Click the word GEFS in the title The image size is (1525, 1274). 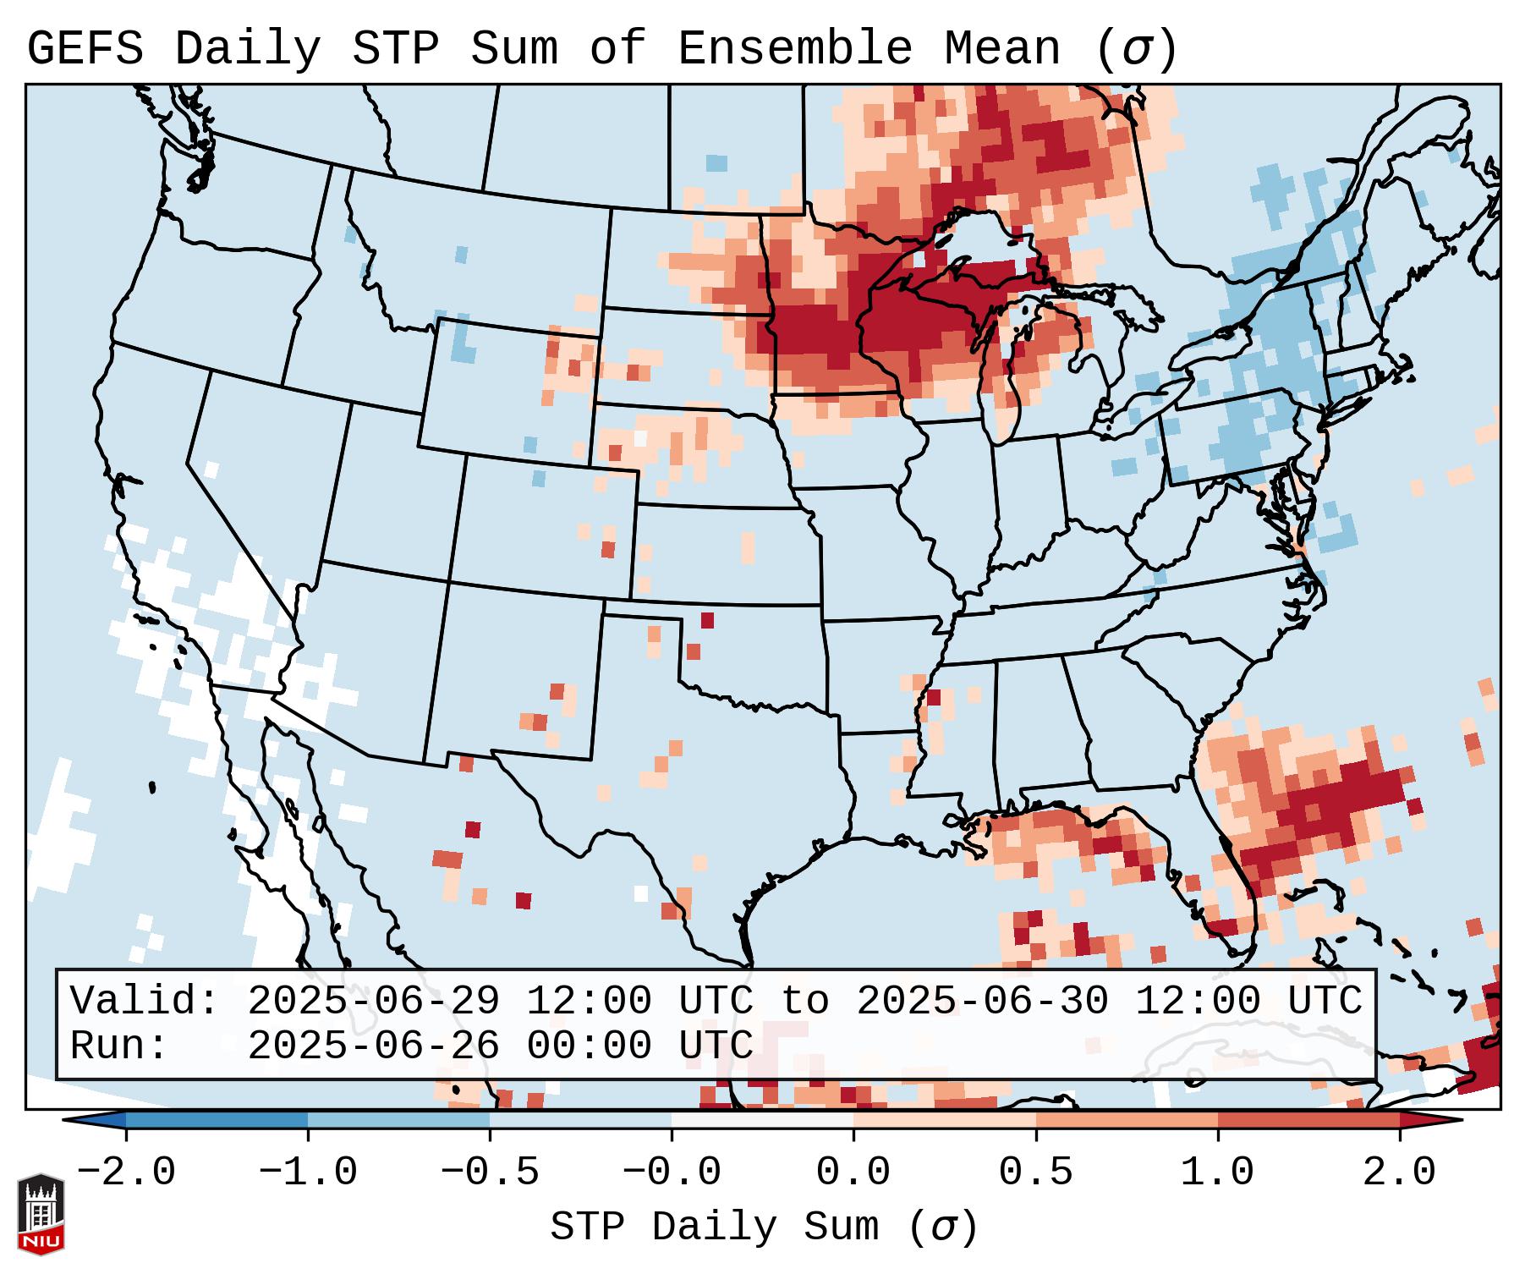tap(85, 49)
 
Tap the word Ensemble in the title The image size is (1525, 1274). tap(795, 49)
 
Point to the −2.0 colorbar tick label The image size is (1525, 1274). tap(126, 1172)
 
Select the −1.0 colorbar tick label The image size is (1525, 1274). tap(308, 1172)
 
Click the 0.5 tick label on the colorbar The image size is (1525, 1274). tap(1036, 1172)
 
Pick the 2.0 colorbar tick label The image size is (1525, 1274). tap(1400, 1172)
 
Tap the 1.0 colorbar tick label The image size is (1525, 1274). tap(1218, 1172)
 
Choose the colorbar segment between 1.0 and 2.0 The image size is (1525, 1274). tap(1308, 1120)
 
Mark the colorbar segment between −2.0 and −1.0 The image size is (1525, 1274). tap(217, 1120)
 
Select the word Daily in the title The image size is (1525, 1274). tap(248, 49)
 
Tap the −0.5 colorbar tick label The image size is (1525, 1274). tap(490, 1172)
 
